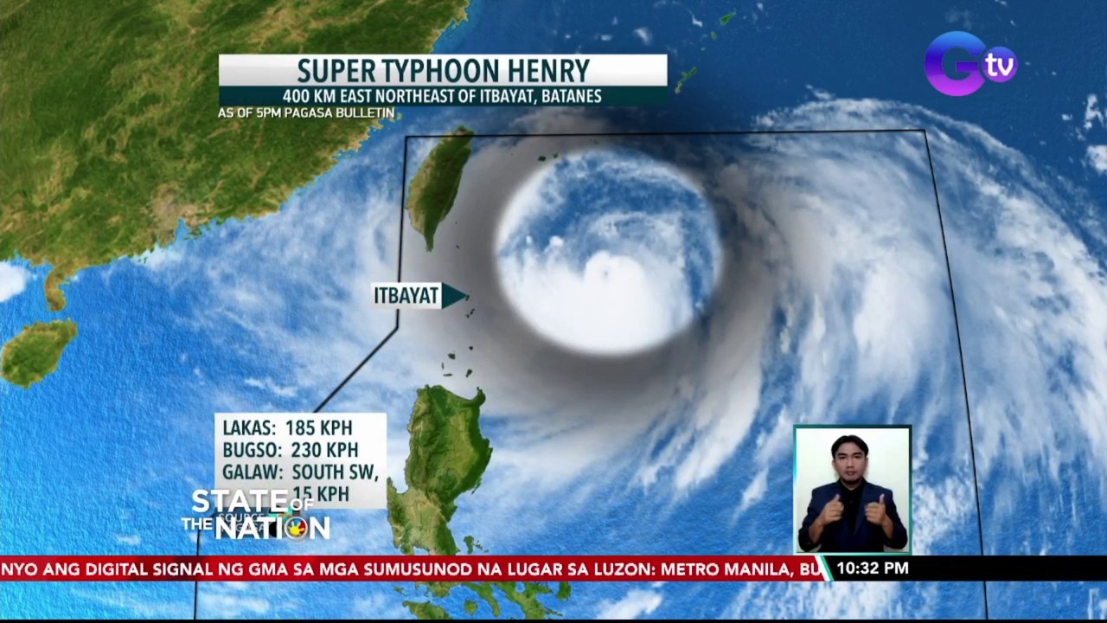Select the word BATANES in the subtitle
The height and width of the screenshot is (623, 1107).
[569, 96]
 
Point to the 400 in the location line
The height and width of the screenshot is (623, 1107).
[298, 96]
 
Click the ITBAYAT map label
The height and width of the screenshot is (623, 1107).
[406, 296]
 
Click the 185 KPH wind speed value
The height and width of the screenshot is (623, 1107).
[319, 428]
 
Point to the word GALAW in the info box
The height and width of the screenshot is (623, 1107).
[252, 472]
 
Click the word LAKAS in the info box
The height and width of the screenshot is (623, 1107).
[249, 428]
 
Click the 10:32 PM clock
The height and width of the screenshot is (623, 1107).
[872, 568]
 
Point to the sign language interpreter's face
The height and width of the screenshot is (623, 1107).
[849, 457]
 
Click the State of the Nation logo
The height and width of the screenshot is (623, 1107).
[255, 515]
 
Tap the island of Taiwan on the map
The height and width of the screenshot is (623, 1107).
[439, 186]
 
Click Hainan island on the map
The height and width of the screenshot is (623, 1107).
[38, 350]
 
